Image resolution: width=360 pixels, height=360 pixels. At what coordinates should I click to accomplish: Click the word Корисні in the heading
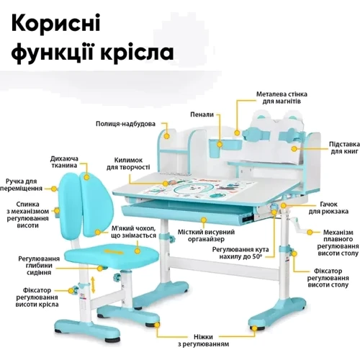(x=55, y=22)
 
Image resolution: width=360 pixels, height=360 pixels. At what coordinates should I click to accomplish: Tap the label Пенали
(x=202, y=114)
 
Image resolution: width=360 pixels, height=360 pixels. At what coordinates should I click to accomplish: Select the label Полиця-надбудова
(x=125, y=124)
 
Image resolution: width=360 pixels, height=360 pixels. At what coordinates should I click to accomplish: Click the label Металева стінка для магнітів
(x=282, y=97)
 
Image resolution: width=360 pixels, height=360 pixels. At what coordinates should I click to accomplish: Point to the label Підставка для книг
(x=344, y=148)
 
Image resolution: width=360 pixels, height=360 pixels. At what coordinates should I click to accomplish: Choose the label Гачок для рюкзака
(x=328, y=208)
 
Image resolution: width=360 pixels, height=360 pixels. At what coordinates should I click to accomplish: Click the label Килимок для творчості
(x=128, y=163)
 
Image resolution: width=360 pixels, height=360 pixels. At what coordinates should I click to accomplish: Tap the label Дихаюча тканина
(x=64, y=162)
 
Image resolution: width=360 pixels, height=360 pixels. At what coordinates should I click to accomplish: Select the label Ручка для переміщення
(x=21, y=185)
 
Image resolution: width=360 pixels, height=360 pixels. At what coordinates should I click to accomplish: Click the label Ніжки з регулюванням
(x=203, y=341)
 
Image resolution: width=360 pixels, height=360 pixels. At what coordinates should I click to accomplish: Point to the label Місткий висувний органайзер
(x=206, y=235)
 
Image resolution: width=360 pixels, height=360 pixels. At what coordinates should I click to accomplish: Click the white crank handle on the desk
(x=297, y=225)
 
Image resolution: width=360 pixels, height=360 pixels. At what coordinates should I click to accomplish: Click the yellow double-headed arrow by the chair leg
(x=93, y=284)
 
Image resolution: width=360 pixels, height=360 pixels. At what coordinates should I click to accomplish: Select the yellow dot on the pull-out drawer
(x=204, y=220)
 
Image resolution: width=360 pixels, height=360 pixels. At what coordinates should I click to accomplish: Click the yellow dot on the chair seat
(x=138, y=251)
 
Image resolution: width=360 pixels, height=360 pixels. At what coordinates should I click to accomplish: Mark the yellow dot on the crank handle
(x=310, y=233)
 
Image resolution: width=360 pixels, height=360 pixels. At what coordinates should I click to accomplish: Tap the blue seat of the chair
(x=112, y=255)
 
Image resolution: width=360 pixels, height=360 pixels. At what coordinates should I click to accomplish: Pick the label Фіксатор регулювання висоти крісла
(x=37, y=297)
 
